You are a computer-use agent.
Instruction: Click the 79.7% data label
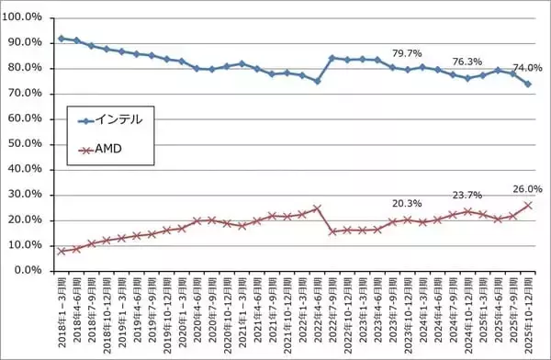pos(407,52)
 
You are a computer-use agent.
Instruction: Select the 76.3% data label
pos(467,62)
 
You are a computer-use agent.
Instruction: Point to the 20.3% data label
pos(407,205)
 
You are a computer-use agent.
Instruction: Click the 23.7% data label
pos(467,195)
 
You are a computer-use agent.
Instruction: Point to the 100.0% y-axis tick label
pos(24,17)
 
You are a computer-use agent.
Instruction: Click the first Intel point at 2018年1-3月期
pos(62,39)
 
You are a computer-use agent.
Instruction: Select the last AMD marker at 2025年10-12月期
pos(527,205)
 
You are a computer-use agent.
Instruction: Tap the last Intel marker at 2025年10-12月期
pos(527,84)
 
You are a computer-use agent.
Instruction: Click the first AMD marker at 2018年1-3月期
pos(62,251)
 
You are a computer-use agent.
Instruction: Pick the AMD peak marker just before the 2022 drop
pos(317,208)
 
